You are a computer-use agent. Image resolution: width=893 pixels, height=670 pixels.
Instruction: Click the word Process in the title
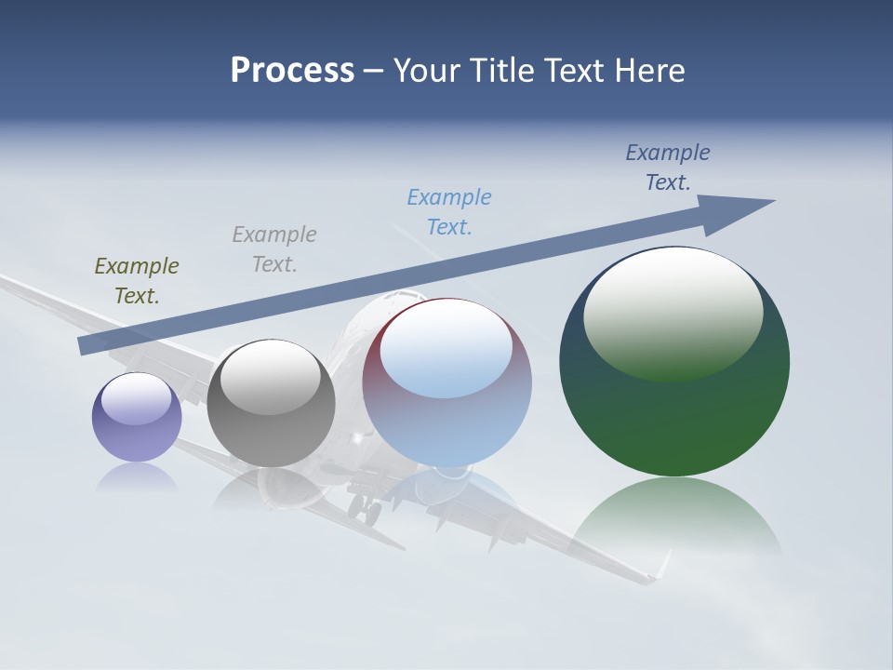[292, 71]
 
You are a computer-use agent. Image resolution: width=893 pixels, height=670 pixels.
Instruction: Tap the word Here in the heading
[650, 71]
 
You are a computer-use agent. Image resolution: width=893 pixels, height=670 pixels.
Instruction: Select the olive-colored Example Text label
[137, 281]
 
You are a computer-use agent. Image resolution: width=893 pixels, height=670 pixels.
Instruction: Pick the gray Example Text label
[274, 249]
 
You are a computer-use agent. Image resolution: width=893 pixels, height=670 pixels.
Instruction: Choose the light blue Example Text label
[449, 212]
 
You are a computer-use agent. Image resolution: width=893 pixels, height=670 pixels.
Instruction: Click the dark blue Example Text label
[668, 167]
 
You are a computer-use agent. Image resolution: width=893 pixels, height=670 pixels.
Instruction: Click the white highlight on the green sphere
[673, 312]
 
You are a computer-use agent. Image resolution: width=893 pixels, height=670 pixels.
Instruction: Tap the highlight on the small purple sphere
[137, 398]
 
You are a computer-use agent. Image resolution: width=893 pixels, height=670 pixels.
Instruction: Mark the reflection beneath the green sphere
[675, 516]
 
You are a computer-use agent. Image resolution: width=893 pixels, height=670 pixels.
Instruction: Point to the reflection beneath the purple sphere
[137, 478]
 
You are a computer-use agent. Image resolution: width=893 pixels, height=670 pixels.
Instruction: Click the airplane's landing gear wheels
[365, 508]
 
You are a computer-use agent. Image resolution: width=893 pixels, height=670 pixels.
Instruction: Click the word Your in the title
[424, 71]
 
